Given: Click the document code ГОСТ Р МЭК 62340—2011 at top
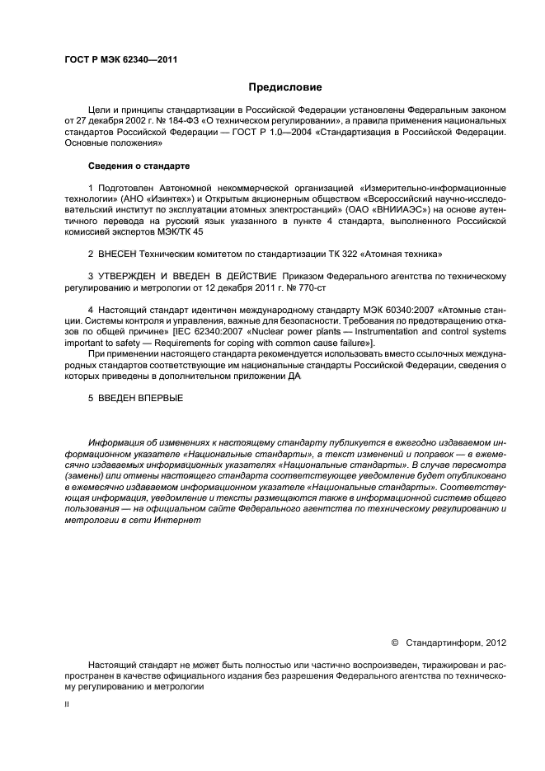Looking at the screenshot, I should pyautogui.click(x=121, y=60).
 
